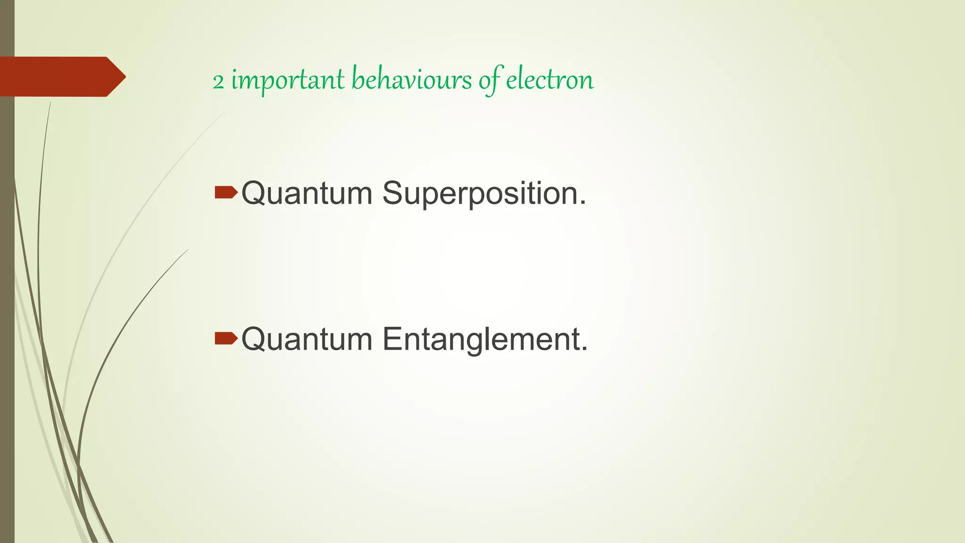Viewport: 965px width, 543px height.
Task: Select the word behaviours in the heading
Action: click(x=411, y=79)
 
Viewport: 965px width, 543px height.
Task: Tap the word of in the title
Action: click(x=490, y=80)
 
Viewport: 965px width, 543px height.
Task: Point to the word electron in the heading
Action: click(x=549, y=79)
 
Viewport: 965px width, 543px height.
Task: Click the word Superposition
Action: click(x=484, y=193)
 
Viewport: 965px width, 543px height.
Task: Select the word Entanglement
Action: click(x=485, y=339)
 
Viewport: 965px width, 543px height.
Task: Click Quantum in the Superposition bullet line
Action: click(x=307, y=193)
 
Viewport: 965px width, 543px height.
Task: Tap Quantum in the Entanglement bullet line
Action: click(x=307, y=339)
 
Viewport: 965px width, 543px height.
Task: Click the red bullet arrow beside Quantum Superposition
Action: click(x=226, y=192)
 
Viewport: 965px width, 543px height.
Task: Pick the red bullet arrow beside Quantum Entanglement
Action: click(x=226, y=338)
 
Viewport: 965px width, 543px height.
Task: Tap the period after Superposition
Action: click(x=583, y=204)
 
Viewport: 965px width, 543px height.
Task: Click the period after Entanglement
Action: click(x=585, y=349)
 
